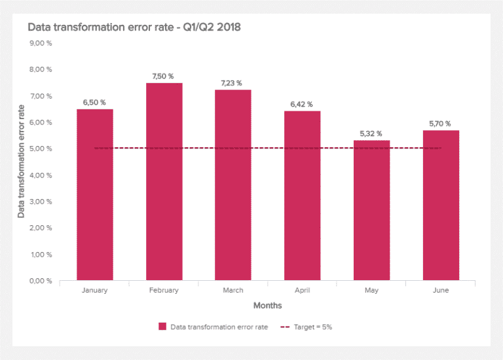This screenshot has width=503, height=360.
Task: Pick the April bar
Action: pyautogui.click(x=302, y=196)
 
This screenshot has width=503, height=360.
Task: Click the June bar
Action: pyautogui.click(x=441, y=206)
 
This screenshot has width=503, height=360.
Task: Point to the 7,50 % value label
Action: pyautogui.click(x=163, y=77)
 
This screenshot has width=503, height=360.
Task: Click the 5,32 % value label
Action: pyautogui.click(x=371, y=134)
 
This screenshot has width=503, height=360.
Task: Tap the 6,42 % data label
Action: pyautogui.click(x=302, y=105)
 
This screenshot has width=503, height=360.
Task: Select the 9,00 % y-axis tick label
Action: pyautogui.click(x=41, y=43)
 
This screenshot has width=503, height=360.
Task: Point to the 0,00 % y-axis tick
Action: pyautogui.click(x=41, y=281)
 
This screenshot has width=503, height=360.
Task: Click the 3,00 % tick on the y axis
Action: pyautogui.click(x=41, y=202)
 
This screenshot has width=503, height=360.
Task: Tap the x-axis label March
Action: pyautogui.click(x=233, y=291)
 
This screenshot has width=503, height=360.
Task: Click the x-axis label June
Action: pyautogui.click(x=441, y=291)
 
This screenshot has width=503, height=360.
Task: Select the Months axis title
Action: pyautogui.click(x=267, y=306)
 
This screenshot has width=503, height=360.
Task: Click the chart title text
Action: pyautogui.click(x=134, y=27)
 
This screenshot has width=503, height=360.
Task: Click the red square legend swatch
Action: pyautogui.click(x=162, y=326)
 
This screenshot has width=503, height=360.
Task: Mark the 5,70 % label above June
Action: pyautogui.click(x=441, y=124)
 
